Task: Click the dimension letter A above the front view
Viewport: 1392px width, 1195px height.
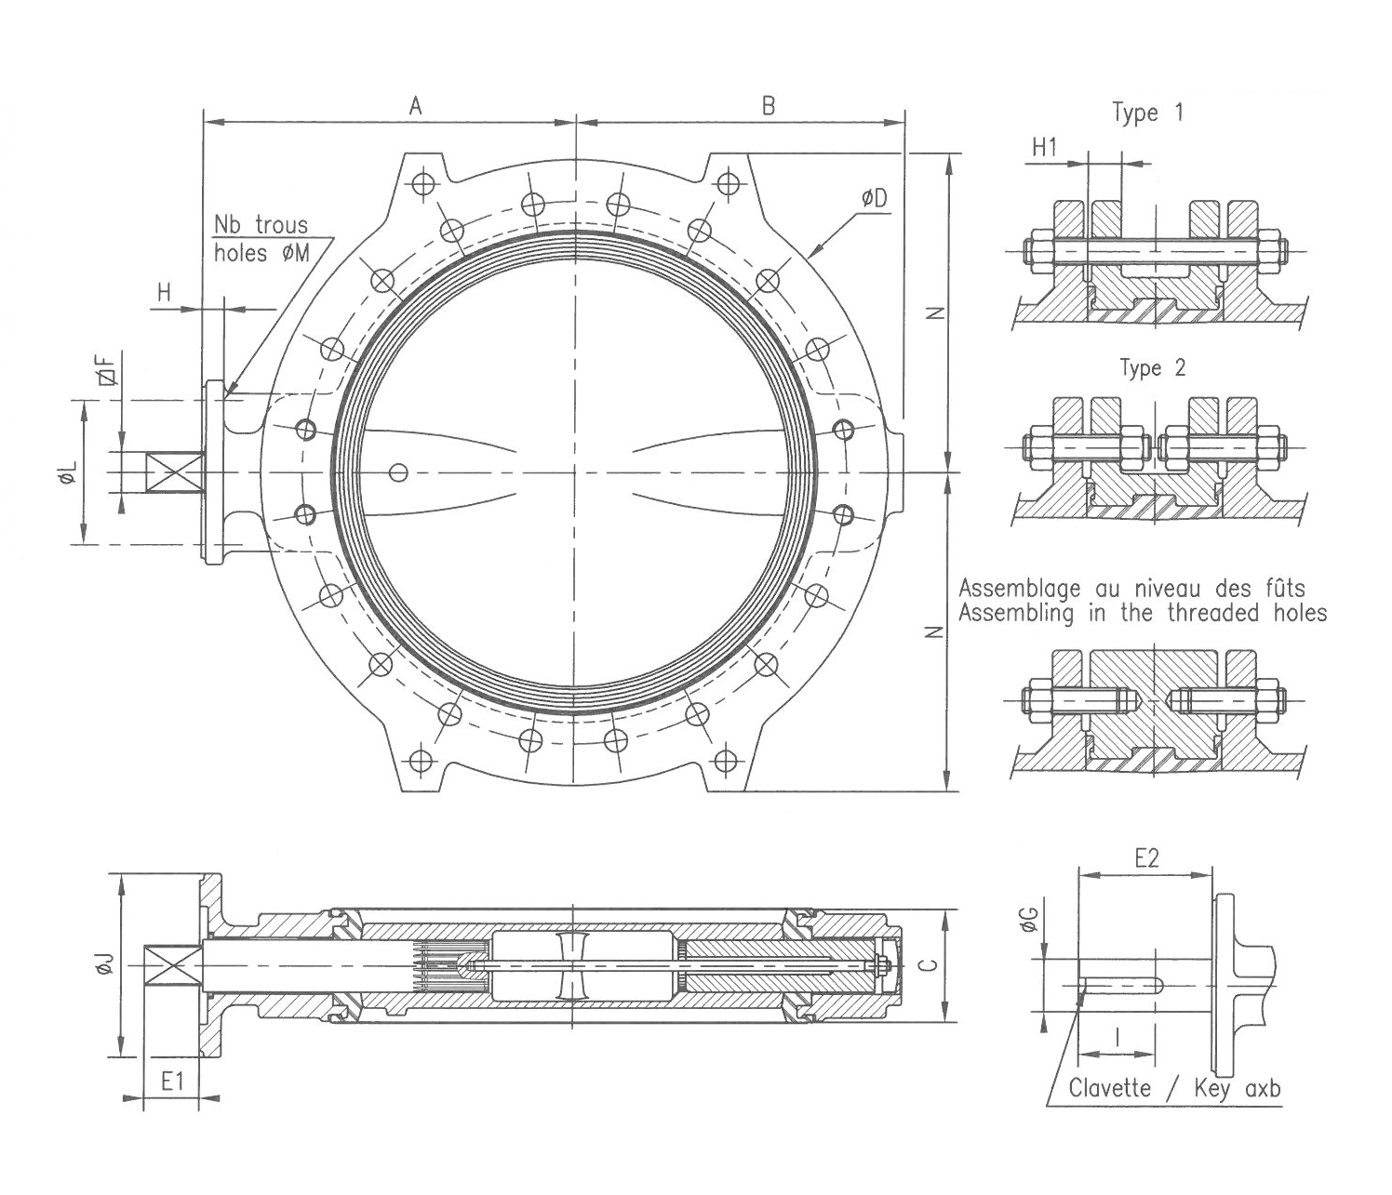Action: [x=416, y=106]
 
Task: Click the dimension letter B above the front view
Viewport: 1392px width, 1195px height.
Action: [x=769, y=106]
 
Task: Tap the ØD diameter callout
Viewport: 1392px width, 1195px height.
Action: [x=874, y=198]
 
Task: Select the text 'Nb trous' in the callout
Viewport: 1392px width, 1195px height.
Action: [x=261, y=226]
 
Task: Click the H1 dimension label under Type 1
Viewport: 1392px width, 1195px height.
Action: [x=1046, y=147]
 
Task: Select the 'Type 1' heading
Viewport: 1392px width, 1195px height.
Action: [x=1148, y=113]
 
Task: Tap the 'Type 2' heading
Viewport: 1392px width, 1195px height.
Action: [x=1152, y=368]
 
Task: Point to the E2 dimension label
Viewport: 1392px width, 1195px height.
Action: [x=1147, y=859]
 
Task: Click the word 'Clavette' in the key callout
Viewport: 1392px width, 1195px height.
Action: [x=1109, y=1088]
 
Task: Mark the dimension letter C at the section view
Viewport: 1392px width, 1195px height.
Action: [x=928, y=965]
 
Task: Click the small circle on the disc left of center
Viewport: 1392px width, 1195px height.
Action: [x=399, y=472]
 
